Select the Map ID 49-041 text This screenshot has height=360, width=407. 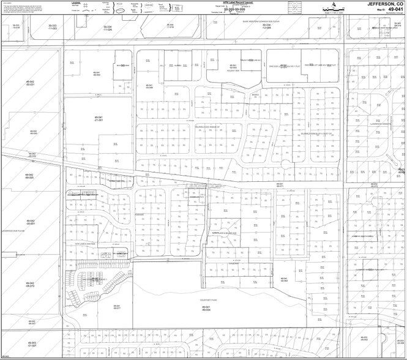(x=390, y=9)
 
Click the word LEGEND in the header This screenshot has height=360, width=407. (x=76, y=2)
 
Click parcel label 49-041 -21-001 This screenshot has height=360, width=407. (x=98, y=118)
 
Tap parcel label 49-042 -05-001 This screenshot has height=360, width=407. (x=31, y=222)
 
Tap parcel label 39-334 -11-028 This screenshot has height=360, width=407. (x=108, y=28)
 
